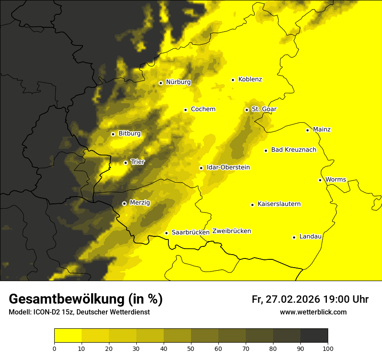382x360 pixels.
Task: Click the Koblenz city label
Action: [250, 79]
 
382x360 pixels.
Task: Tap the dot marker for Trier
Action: [125, 163]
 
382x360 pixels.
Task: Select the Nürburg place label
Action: [178, 82]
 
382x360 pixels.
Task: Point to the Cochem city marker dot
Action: [185, 110]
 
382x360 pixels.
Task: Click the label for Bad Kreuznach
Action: [293, 150]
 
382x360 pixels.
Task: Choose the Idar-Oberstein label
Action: [228, 167]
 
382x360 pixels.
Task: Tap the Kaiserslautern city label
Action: [279, 204]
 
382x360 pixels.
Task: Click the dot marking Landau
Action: [294, 237]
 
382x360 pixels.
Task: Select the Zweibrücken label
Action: [231, 231]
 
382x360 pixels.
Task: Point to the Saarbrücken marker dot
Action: [166, 233]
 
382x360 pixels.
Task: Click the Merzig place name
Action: [140, 203]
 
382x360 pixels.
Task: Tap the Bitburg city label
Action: [129, 134]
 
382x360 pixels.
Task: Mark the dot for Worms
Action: [320, 180]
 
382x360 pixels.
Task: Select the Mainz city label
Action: [322, 129]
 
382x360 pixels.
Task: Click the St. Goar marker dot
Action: [247, 110]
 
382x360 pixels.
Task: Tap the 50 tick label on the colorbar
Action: [191, 348]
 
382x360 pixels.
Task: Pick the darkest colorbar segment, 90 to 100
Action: [314, 336]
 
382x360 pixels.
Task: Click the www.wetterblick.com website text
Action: [313, 312]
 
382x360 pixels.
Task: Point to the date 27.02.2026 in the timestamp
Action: [292, 299]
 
